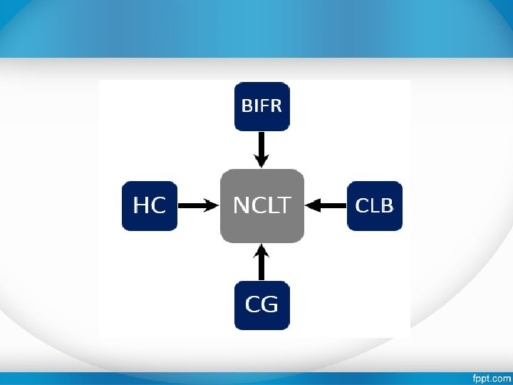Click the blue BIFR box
point(261,106)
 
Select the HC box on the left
point(149,206)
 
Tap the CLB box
point(374,206)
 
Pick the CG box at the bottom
point(261,305)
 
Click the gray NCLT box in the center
point(261,206)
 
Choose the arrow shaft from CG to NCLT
point(261,267)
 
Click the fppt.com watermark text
point(492,378)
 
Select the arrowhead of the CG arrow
point(261,251)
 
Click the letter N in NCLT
point(242,206)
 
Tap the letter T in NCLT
point(284,206)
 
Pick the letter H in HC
point(141,206)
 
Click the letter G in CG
point(269,305)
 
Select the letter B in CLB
point(385,206)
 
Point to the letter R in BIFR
point(276,106)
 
